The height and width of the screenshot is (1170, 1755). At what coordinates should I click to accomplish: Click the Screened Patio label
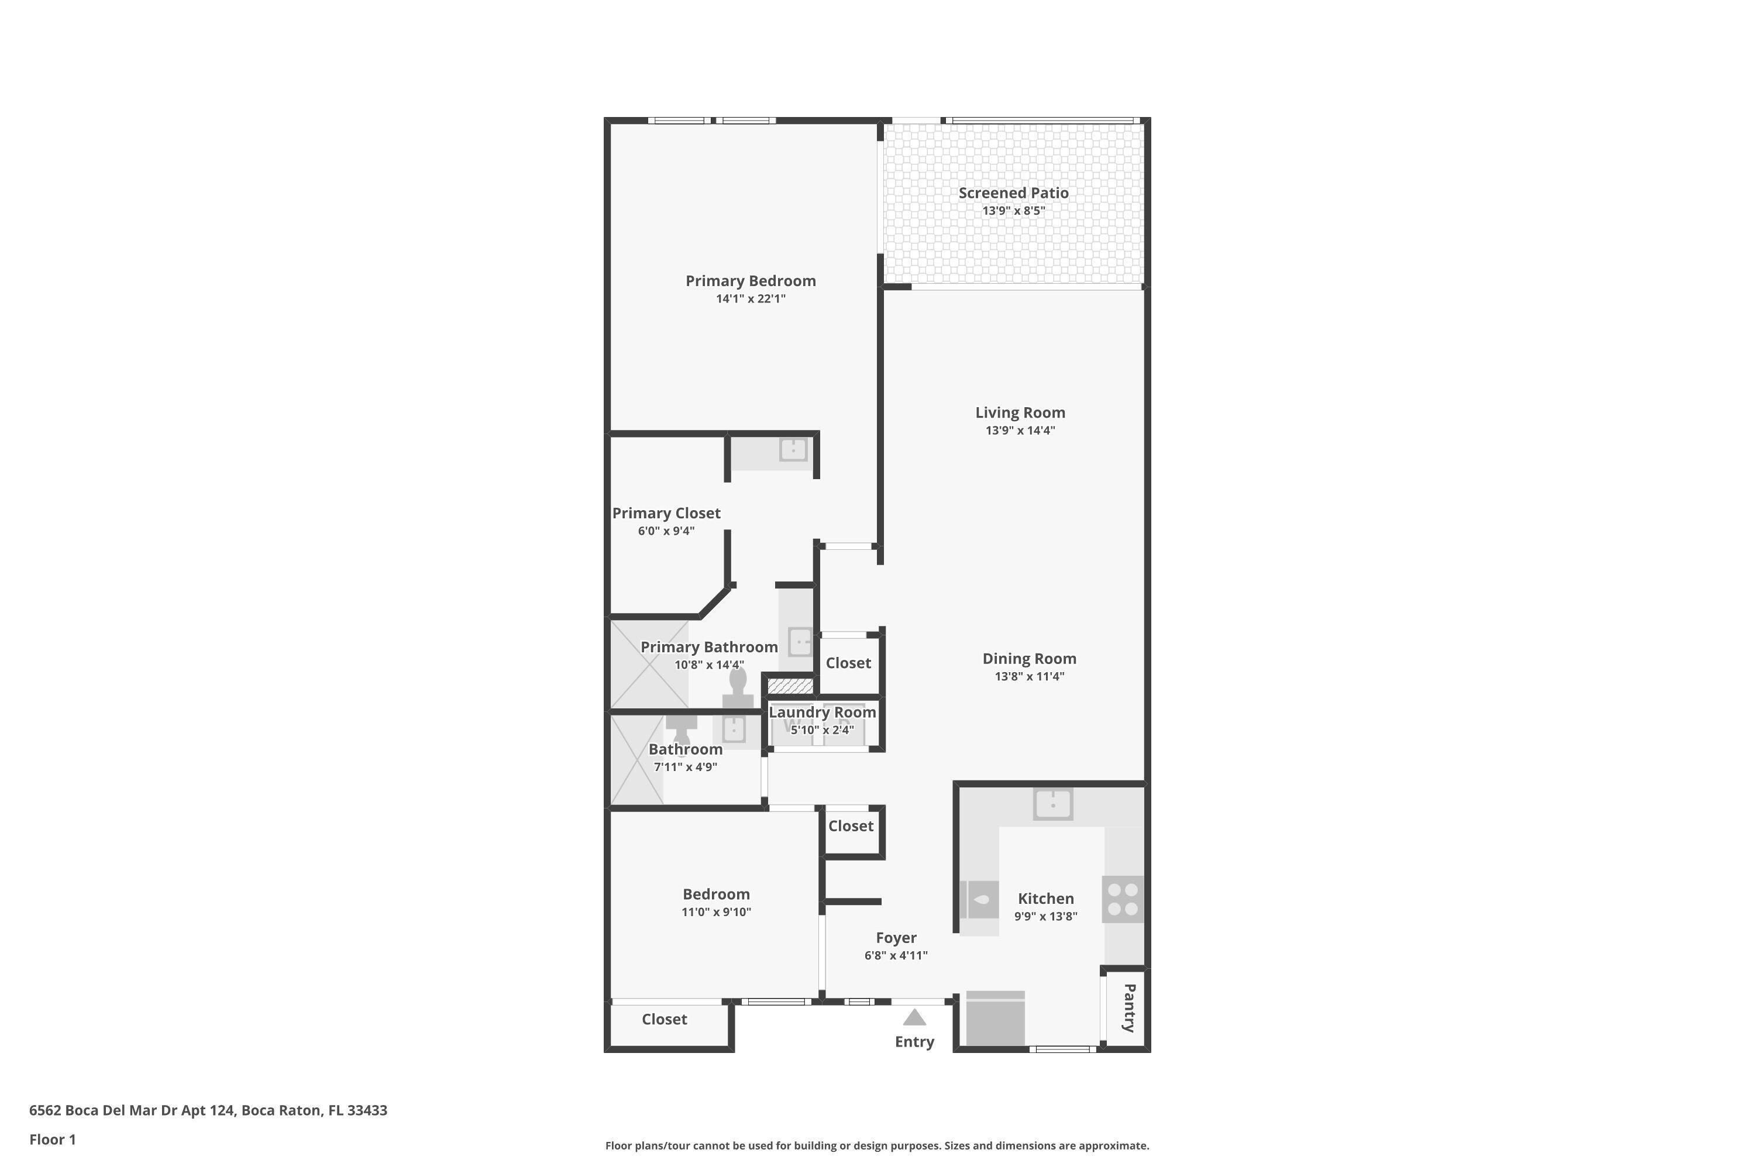pos(1013,192)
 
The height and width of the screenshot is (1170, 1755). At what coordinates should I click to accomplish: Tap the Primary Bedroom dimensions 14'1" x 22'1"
pos(751,298)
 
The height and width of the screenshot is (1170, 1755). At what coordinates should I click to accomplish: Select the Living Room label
pos(1020,412)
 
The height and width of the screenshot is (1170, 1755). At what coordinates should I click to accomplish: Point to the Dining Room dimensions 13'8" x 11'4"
pos(1029,676)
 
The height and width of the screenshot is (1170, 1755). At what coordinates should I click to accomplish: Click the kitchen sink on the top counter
pos(1053,804)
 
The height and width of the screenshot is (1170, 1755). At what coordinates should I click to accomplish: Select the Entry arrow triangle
pos(915,1017)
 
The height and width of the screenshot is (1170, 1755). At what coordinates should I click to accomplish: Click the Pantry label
pos(1129,1007)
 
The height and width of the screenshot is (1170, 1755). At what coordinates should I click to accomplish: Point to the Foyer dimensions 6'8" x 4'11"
pos(896,955)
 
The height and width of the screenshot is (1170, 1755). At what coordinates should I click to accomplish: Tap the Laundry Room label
pos(823,712)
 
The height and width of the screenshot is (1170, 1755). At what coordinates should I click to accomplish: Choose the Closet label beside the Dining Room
pos(848,663)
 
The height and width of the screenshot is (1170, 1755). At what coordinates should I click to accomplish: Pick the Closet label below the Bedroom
pos(664,1019)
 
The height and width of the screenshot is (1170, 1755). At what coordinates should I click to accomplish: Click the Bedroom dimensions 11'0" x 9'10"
pos(716,912)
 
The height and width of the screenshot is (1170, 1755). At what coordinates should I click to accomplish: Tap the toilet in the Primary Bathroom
pos(738,688)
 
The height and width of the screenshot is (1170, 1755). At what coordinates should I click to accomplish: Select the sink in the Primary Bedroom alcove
pos(793,449)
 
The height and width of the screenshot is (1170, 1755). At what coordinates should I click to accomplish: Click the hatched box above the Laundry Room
pos(790,685)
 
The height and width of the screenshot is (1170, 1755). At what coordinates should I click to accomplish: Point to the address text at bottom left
pos(208,1110)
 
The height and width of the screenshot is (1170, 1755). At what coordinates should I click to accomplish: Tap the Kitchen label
pos(1046,899)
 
